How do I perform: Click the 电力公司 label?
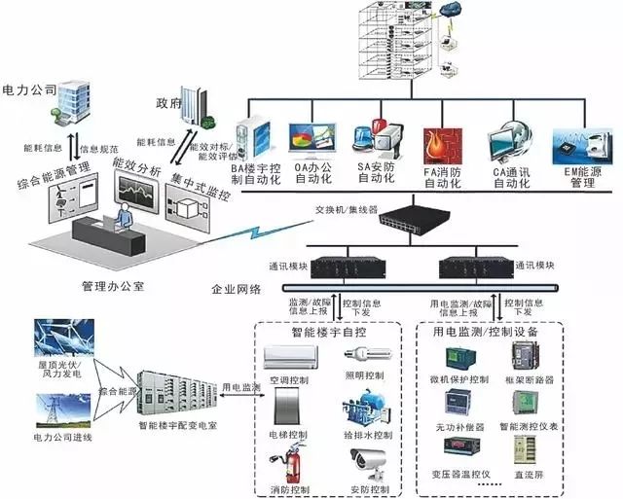[x=30, y=89]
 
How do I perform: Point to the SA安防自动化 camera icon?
[x=375, y=140]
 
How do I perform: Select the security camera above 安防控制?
[x=369, y=461]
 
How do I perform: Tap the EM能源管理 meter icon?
[x=578, y=143]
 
